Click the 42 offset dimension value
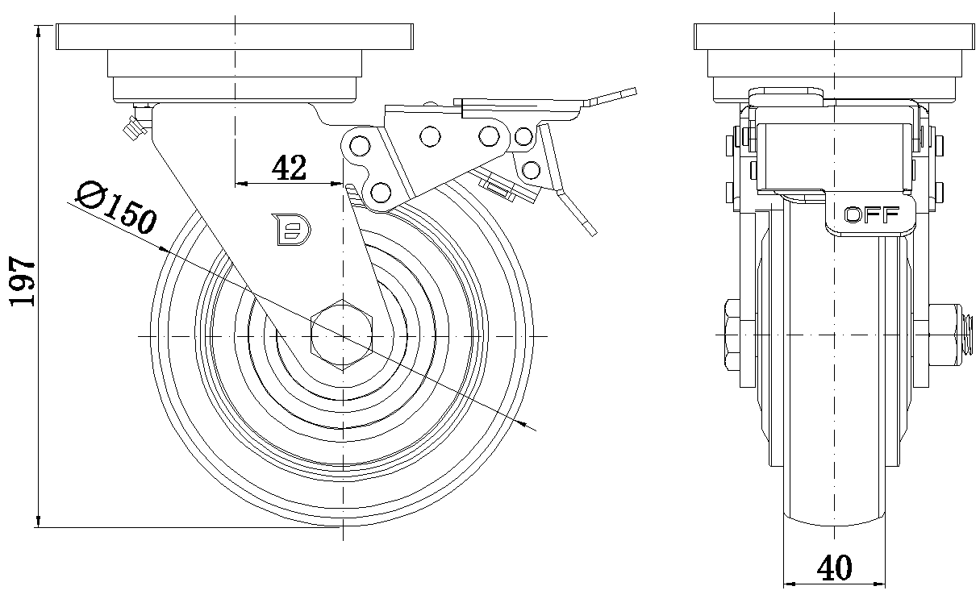point(289,167)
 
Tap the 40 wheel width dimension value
point(834,568)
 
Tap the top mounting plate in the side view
point(234,37)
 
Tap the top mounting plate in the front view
point(835,37)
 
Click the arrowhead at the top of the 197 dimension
point(39,31)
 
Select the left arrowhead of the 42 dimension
point(240,184)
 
